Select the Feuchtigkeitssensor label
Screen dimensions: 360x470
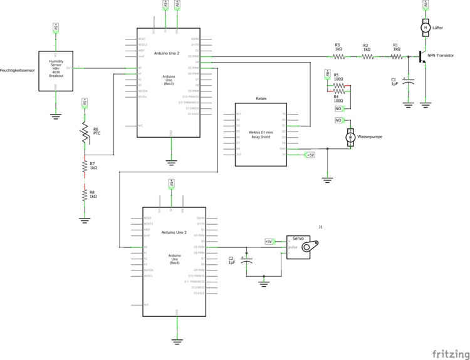click(17, 70)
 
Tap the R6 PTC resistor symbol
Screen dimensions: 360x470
click(85, 133)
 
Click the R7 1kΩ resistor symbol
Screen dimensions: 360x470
click(85, 166)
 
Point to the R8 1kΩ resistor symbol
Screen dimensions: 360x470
click(85, 195)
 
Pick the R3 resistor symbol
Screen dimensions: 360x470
click(338, 56)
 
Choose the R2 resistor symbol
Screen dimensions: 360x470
click(367, 56)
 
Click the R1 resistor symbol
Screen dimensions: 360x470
click(396, 56)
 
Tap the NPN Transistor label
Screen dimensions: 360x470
click(441, 56)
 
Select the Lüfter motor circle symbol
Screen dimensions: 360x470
click(425, 28)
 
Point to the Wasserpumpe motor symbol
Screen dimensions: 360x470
click(350, 136)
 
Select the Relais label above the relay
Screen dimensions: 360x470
click(261, 99)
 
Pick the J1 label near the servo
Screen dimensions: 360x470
click(320, 227)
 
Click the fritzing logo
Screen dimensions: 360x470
click(447, 353)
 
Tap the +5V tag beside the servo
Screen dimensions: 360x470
click(268, 241)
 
